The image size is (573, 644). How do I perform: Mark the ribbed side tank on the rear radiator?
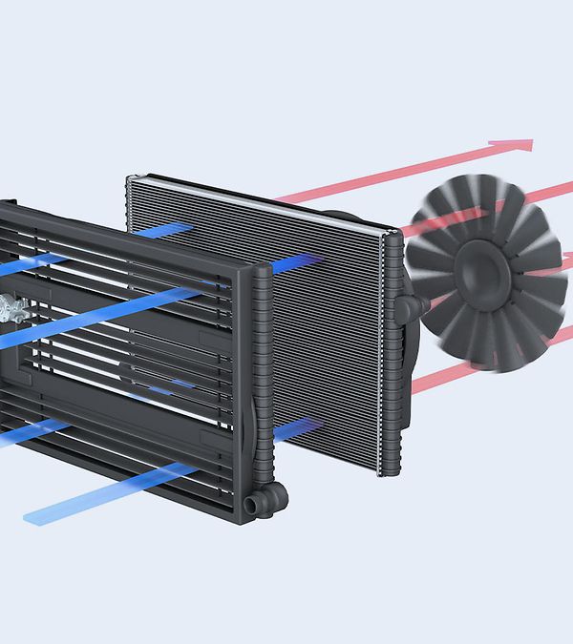pyautogui.click(x=391, y=353)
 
